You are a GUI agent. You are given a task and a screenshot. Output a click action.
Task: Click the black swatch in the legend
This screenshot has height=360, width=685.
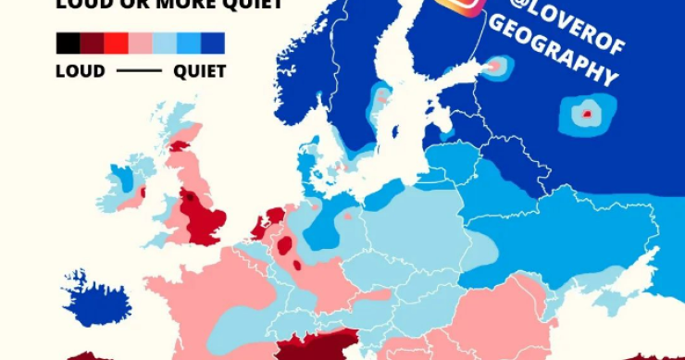pyautogui.click(x=68, y=43)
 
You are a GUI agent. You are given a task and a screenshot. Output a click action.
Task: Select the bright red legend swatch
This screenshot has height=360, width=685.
pyautogui.click(x=116, y=43)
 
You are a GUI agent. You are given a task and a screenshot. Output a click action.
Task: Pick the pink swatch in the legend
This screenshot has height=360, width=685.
pyautogui.click(x=140, y=43)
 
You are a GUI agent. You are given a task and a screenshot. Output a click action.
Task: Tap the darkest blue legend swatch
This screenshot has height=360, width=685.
pyautogui.click(x=213, y=43)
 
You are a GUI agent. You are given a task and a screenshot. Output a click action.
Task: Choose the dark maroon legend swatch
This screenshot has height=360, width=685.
pyautogui.click(x=92, y=43)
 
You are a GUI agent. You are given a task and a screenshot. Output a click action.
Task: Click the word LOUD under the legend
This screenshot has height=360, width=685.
pyautogui.click(x=81, y=71)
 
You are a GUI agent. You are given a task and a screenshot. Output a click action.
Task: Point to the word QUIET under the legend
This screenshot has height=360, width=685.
pyautogui.click(x=200, y=71)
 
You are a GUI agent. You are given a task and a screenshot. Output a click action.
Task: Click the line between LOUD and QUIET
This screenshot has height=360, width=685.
pyautogui.click(x=140, y=71)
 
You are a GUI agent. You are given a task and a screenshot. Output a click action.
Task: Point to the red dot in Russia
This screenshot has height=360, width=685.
pyautogui.click(x=586, y=114)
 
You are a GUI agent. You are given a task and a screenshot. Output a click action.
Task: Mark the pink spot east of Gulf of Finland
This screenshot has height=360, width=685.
pyautogui.click(x=495, y=66)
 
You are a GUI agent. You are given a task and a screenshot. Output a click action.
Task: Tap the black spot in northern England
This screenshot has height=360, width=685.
pyautogui.click(x=191, y=196)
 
